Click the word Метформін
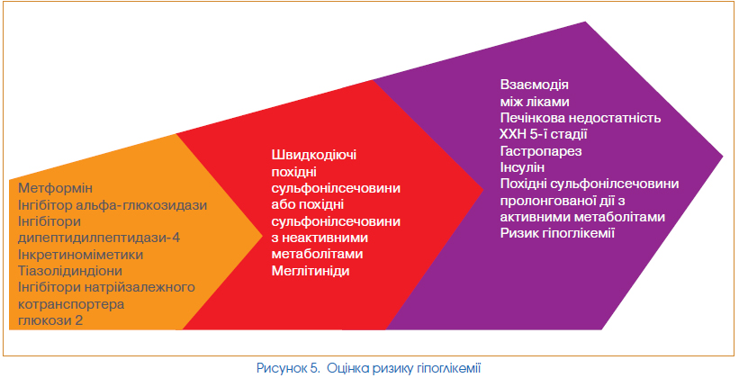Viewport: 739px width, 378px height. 56,188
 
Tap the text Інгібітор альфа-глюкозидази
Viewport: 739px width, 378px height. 113,205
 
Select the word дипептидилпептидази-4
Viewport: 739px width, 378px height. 99,238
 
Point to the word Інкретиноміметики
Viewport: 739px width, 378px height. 81,255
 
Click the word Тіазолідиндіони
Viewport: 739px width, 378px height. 70,272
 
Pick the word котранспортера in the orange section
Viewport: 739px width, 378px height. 71,304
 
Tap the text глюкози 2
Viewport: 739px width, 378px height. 50,321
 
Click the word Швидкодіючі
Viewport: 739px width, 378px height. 314,156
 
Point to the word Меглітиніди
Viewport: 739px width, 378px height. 311,271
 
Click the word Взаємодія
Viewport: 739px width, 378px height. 534,85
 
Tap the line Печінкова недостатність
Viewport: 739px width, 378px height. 581,118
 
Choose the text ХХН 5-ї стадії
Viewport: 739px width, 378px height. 544,134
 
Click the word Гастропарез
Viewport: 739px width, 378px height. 541,151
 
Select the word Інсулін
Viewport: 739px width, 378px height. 522,167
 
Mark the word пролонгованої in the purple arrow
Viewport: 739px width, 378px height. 547,201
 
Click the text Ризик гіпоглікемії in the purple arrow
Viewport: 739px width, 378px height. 557,233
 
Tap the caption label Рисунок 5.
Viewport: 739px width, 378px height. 288,368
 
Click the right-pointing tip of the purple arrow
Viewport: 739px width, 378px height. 723,156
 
